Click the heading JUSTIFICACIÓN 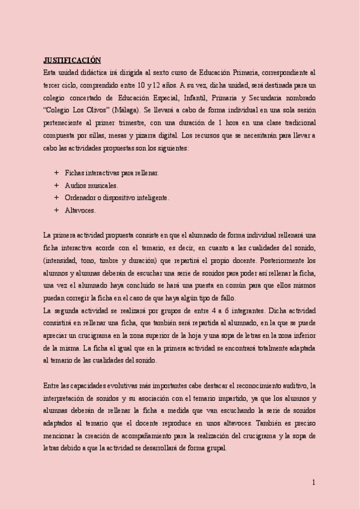coord(72,59)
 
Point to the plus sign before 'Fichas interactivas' coord(56,173)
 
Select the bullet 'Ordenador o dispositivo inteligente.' coord(117,197)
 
